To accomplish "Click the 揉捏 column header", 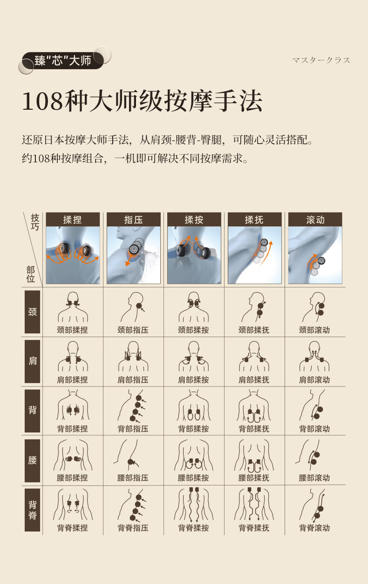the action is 73,219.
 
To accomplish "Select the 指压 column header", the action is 134,219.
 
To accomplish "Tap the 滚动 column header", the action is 315,219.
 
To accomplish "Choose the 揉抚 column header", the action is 255,219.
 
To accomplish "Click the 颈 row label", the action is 33,312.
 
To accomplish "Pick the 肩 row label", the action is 33,361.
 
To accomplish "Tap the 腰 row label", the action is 33,461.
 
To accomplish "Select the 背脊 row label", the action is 33,510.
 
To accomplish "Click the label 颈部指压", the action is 133,330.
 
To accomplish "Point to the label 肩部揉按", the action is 193,380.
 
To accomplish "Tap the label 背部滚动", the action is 314,429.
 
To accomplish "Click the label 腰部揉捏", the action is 72,478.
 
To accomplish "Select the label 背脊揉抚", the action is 254,528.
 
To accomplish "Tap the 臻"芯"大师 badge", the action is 63,60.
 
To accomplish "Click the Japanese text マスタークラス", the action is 321,60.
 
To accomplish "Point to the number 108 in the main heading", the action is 42,101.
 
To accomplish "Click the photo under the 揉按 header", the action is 194,255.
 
